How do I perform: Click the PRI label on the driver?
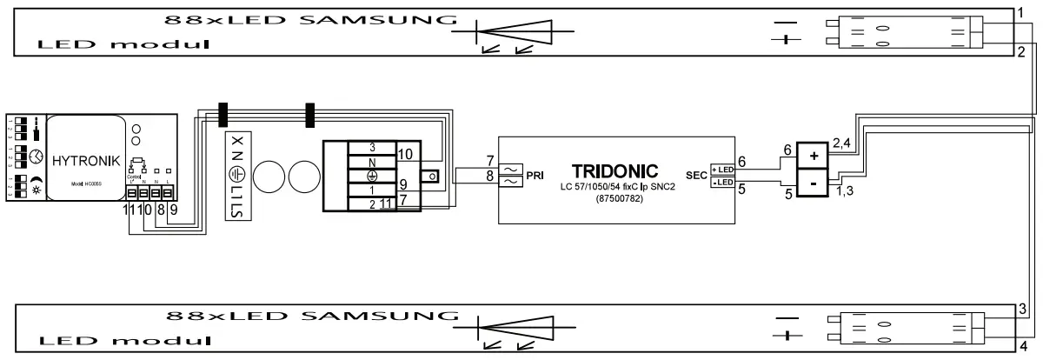tap(535, 174)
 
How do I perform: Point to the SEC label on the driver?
tap(696, 173)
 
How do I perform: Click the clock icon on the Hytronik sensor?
tap(36, 157)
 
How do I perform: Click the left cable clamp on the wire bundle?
tap(222, 116)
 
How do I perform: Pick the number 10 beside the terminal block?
tap(406, 153)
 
